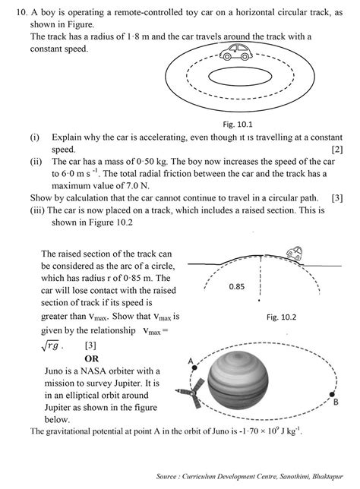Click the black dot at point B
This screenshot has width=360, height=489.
coord(332,393)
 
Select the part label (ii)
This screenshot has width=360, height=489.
coord(35,162)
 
